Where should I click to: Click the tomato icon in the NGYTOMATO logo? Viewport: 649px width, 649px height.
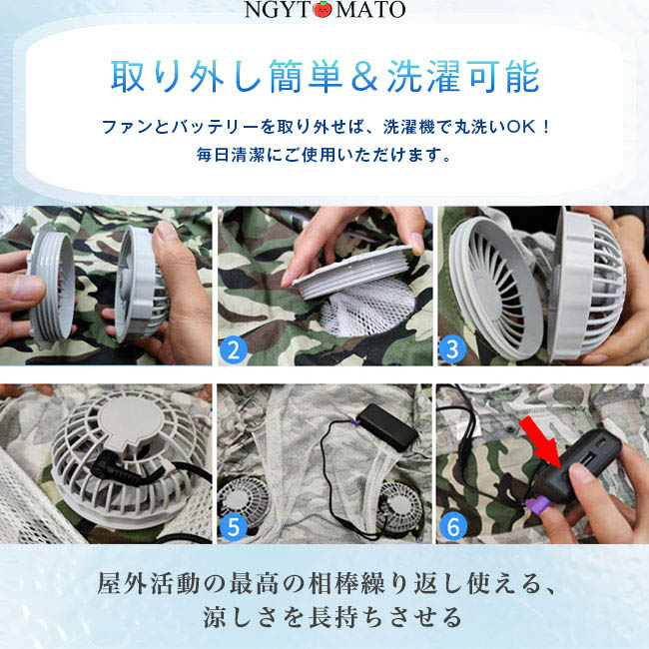323,10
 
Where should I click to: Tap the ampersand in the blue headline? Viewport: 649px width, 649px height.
364,77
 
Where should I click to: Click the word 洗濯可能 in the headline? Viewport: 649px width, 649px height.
463,77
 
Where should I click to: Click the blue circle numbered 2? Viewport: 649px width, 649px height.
234,349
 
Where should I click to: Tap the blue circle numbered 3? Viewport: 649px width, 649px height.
453,349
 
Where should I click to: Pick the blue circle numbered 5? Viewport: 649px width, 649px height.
234,527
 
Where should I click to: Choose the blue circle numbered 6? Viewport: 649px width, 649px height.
453,527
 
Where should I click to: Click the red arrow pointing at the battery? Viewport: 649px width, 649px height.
541,442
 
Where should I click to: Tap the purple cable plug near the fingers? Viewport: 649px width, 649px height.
537,506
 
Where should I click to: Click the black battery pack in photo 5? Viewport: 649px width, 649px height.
387,426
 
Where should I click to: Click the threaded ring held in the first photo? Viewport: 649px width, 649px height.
52,285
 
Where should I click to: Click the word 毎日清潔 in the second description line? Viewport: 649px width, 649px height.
230,155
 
